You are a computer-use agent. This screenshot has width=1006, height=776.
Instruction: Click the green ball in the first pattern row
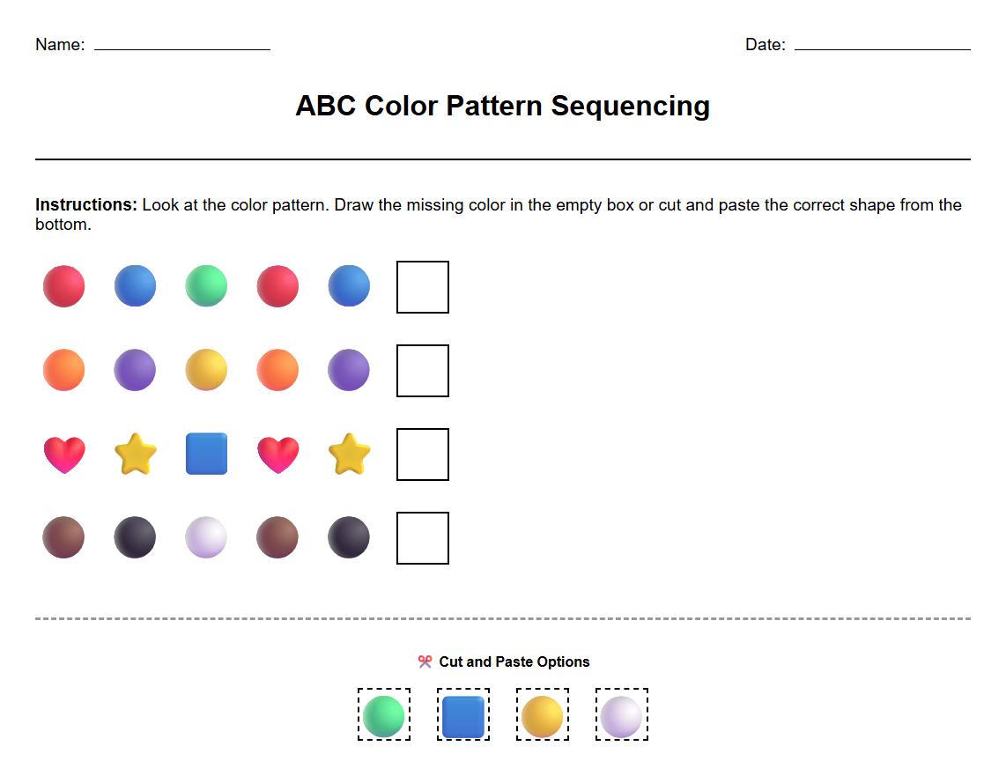click(x=206, y=286)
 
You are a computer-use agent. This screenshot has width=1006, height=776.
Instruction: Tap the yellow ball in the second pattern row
click(x=206, y=370)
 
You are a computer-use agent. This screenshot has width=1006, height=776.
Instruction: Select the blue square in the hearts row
click(x=206, y=454)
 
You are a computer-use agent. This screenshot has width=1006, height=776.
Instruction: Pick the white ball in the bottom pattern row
click(x=206, y=537)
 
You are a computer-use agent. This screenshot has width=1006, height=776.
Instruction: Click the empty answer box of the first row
click(x=423, y=287)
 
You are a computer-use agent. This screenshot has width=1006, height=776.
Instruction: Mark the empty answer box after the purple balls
click(x=423, y=371)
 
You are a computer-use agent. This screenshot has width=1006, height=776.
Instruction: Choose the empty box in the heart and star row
click(x=423, y=455)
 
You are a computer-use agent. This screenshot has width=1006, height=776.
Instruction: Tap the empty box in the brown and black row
click(x=423, y=538)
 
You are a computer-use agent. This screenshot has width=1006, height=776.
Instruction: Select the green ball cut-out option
click(x=384, y=715)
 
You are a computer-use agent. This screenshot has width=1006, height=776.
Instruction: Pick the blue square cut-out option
click(x=463, y=715)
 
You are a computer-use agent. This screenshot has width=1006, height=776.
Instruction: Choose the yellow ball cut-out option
click(x=543, y=715)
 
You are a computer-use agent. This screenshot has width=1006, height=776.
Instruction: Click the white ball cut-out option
click(x=622, y=715)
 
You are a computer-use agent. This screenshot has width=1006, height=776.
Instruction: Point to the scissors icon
click(x=425, y=661)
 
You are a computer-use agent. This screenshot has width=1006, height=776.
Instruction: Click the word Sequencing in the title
click(x=630, y=107)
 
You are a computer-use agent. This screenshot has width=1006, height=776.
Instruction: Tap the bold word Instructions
click(x=86, y=205)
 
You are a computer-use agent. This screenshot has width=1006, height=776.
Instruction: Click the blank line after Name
click(x=182, y=48)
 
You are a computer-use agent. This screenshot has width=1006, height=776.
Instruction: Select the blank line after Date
click(x=882, y=48)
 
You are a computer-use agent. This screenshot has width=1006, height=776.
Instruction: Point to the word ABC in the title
click(x=325, y=107)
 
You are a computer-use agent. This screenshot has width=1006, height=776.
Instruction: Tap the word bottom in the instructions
click(x=63, y=225)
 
